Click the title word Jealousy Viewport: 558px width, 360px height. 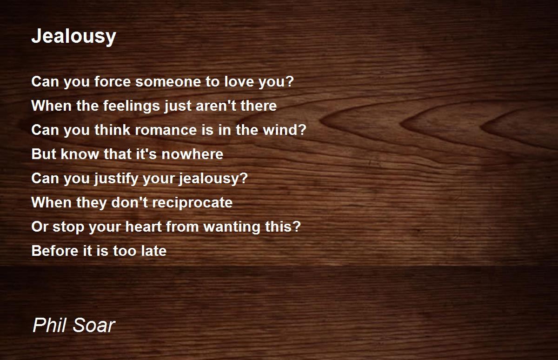[73, 36]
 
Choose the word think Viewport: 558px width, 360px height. [112, 130]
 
